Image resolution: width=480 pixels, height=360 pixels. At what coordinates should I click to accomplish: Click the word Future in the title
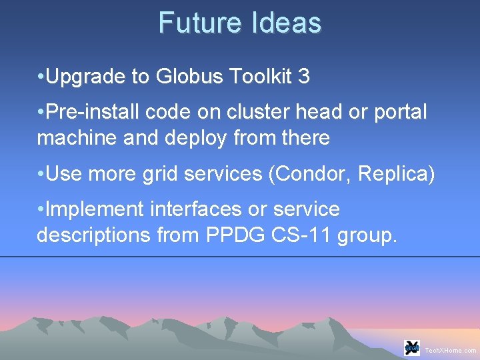[x=201, y=23]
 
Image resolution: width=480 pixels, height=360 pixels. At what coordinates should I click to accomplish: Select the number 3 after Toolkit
[x=304, y=77]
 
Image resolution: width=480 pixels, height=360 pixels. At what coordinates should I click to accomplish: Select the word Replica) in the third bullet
[x=396, y=174]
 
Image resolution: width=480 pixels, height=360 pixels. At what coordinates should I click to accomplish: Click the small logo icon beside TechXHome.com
[x=412, y=347]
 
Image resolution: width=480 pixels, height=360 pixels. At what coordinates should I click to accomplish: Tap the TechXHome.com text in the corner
[x=451, y=350]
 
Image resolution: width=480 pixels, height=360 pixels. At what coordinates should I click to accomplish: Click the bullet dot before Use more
[x=41, y=174]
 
